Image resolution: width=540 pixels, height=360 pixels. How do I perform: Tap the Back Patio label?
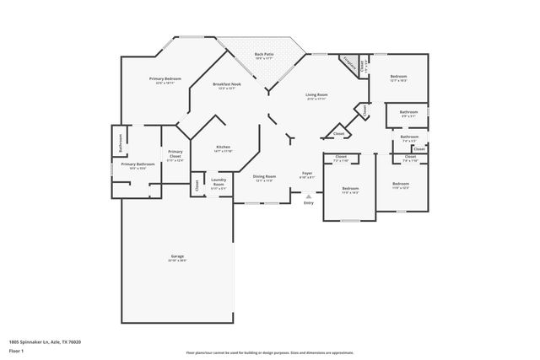pyautogui.click(x=263, y=56)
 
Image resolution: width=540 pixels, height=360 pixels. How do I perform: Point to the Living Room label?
pyautogui.click(x=316, y=95)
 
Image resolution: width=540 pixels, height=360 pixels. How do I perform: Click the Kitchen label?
pyautogui.click(x=223, y=147)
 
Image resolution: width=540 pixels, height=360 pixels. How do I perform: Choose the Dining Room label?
pyautogui.click(x=265, y=177)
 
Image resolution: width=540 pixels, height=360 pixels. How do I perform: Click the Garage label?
pyautogui.click(x=177, y=256)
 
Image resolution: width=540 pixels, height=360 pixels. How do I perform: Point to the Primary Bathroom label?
pyautogui.click(x=137, y=164)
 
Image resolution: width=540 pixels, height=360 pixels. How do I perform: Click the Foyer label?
pyautogui.click(x=307, y=175)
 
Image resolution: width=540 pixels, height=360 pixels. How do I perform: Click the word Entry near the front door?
pyautogui.click(x=308, y=202)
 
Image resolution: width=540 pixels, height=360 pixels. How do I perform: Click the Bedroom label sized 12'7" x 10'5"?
pyautogui.click(x=398, y=78)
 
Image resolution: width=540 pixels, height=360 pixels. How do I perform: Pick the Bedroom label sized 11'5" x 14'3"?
pyautogui.click(x=350, y=189)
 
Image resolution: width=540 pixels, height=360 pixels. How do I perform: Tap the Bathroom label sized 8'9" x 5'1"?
pyautogui.click(x=408, y=113)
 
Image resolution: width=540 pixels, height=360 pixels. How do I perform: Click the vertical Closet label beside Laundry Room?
pyautogui.click(x=197, y=185)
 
